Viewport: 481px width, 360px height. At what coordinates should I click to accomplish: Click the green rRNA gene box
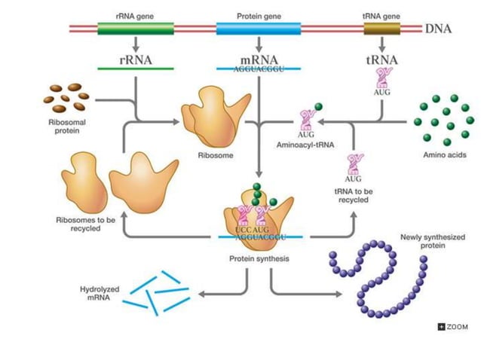point(136,29)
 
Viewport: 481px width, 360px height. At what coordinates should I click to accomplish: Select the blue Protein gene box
point(258,29)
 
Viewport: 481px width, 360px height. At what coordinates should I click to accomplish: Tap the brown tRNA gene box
point(382,29)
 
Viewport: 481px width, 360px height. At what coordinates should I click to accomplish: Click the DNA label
point(439,29)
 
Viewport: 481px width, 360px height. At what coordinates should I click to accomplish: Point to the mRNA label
point(259,59)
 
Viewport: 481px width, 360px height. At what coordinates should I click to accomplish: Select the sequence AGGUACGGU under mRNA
point(259,68)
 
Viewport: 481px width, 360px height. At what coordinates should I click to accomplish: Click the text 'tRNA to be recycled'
point(352,196)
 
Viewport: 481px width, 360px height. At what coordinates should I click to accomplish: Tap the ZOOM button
point(453,327)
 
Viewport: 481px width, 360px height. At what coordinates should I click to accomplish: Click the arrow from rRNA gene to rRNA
point(136,45)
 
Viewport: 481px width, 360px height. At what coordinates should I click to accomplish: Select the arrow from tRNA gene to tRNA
point(382,45)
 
